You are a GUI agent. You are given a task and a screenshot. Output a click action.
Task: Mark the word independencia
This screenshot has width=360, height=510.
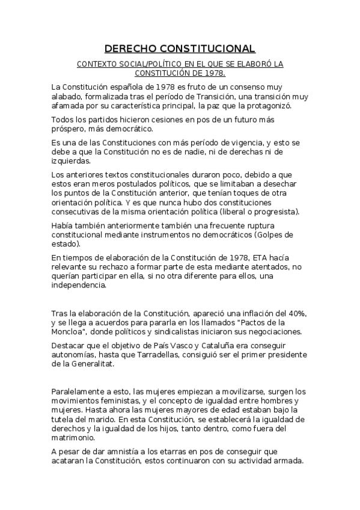(x=79, y=286)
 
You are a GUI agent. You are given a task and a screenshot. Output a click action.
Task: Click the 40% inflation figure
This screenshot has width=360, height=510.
(x=296, y=313)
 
